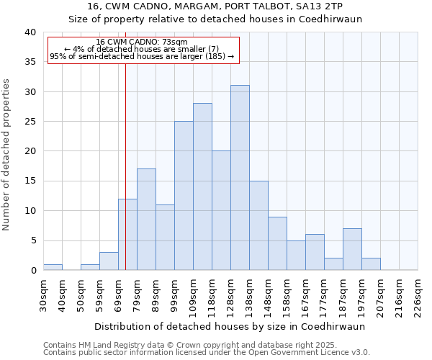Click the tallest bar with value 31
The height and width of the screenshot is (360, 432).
[x=240, y=178]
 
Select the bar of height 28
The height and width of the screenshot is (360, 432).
[x=202, y=186]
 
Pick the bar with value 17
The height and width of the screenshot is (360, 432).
[x=146, y=220]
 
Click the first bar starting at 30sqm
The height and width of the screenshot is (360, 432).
[x=53, y=267]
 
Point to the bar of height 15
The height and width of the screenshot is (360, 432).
[x=258, y=225]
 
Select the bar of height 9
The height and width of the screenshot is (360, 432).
[x=277, y=243]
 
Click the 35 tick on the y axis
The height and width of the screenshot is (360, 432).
[x=30, y=62]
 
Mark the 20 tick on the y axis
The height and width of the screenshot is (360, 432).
[x=30, y=151]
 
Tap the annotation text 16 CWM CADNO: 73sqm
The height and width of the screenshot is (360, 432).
[x=142, y=42]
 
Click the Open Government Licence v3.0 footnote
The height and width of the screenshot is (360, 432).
[x=207, y=352]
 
